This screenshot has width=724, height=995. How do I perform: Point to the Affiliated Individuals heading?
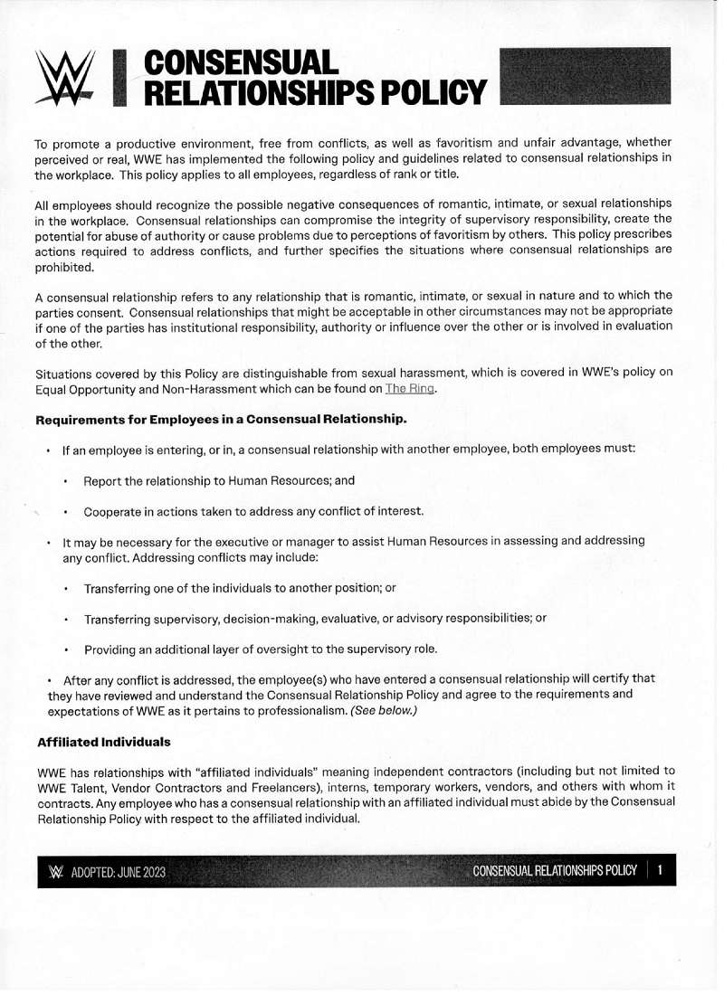[x=104, y=742]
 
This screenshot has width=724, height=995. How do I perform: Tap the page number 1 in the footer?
[x=661, y=871]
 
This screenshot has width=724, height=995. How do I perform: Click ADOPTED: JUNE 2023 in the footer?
[x=119, y=873]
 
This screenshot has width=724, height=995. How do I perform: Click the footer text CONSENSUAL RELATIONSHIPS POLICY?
[x=554, y=871]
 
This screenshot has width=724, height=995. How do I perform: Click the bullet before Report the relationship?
[x=66, y=481]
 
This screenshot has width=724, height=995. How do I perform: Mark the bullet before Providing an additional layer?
[x=66, y=649]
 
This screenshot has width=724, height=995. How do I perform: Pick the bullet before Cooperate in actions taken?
[x=66, y=512]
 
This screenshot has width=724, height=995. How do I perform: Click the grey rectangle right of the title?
[x=585, y=77]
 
